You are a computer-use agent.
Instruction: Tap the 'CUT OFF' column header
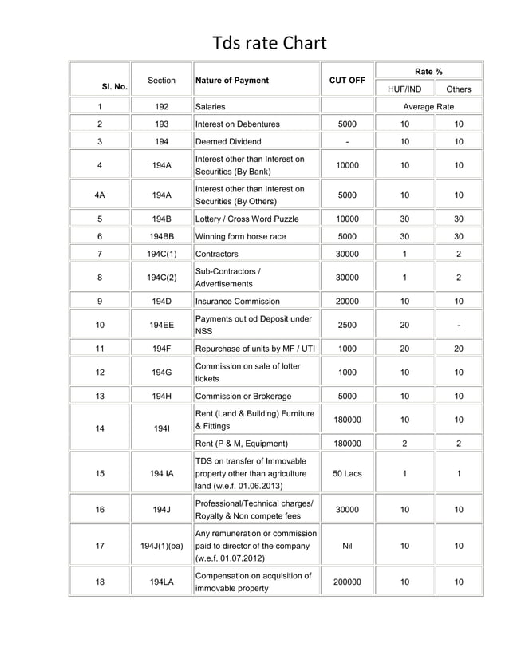click(347, 81)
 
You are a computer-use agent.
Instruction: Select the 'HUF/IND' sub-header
click(404, 89)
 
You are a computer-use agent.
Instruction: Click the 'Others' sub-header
click(458, 89)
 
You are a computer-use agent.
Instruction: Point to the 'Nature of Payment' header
click(232, 81)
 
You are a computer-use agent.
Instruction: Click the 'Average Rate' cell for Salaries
click(428, 106)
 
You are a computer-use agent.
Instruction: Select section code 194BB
click(162, 237)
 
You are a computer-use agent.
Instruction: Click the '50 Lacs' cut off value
click(347, 473)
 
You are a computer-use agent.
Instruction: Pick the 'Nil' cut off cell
click(347, 546)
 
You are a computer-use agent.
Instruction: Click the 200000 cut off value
click(347, 582)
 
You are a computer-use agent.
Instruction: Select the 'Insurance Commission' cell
click(238, 302)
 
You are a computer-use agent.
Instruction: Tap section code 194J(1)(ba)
click(162, 546)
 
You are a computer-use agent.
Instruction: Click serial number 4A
click(100, 195)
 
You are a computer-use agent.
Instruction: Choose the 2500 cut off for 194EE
click(347, 326)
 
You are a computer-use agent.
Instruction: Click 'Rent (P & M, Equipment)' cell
click(242, 444)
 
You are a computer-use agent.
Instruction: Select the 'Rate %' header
click(428, 72)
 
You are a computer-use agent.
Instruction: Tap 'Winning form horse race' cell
click(240, 237)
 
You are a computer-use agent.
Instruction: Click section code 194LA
click(162, 582)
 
